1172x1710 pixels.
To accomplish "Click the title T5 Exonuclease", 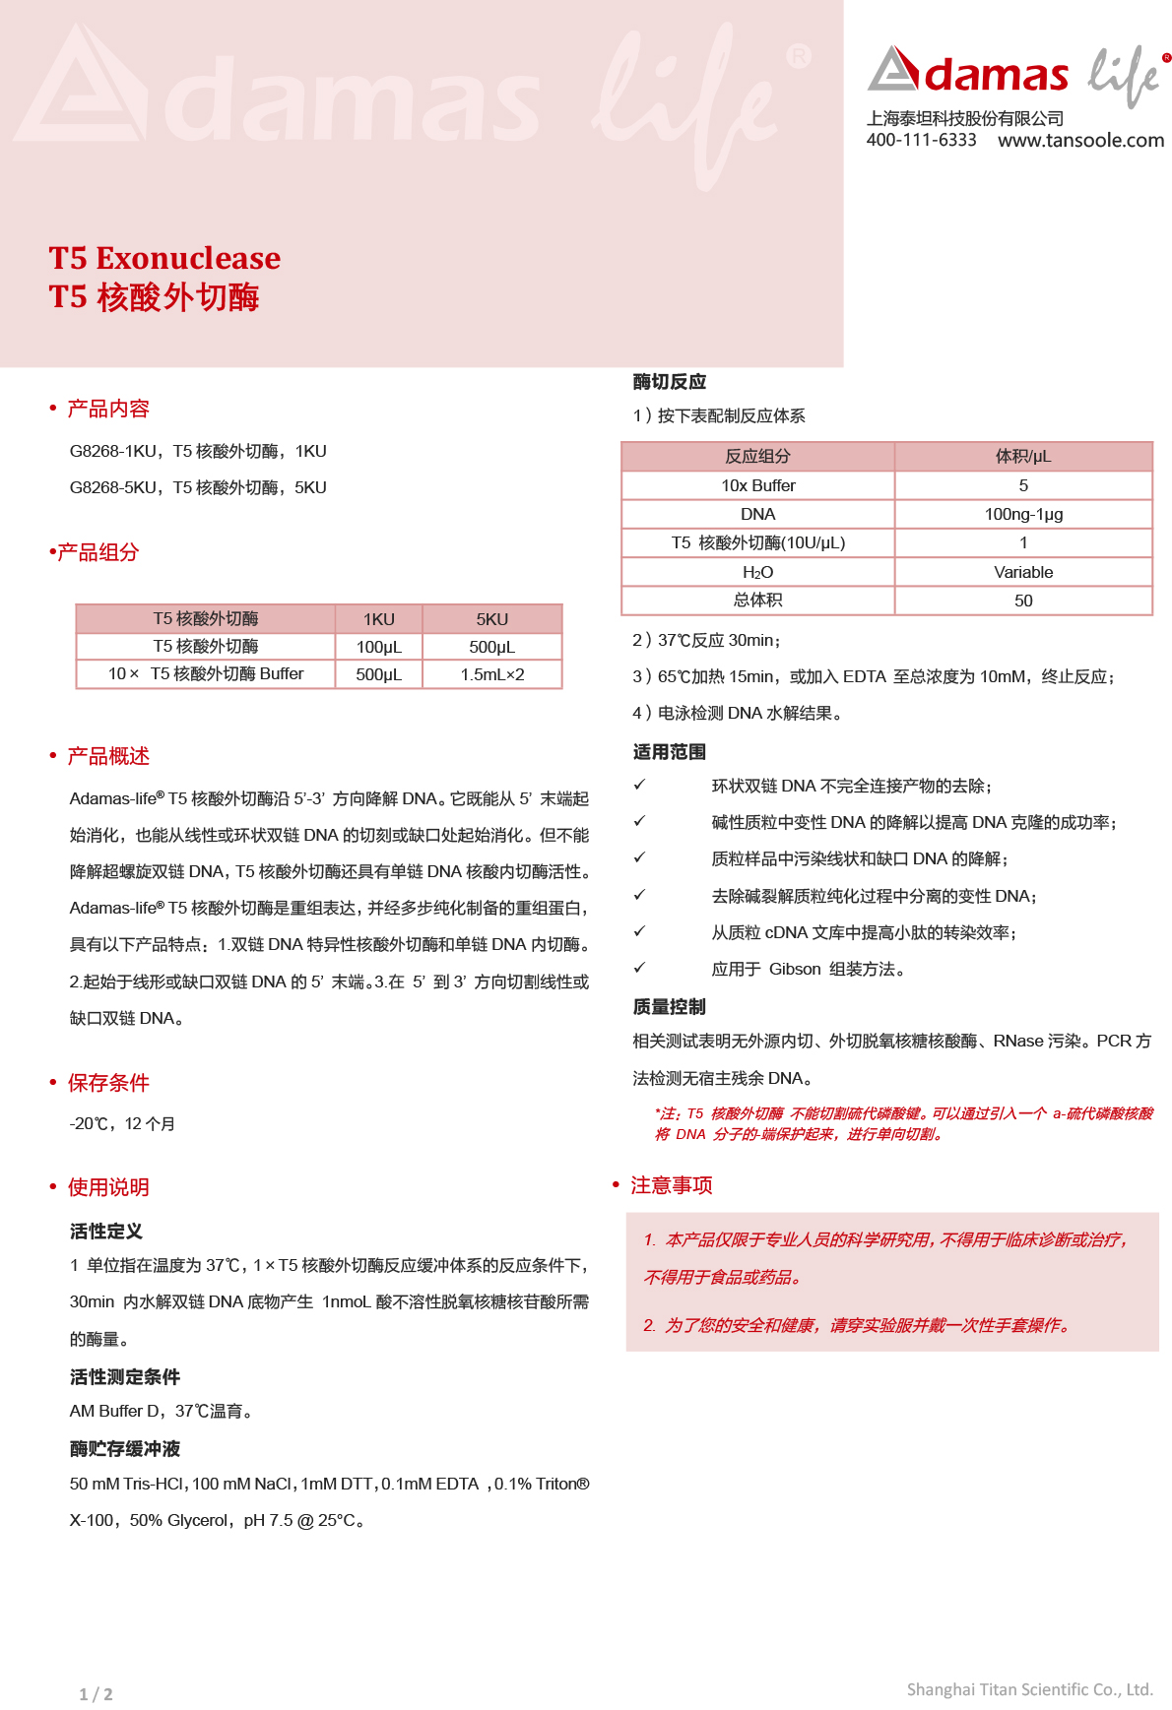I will [x=164, y=258].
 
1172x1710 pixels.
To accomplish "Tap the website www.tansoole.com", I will [x=1080, y=140].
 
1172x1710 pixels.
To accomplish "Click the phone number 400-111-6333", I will [x=921, y=140].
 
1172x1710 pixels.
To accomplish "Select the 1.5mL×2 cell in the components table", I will [x=491, y=674].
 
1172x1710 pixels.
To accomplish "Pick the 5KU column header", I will [x=491, y=619].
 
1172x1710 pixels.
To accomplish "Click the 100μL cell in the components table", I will [x=378, y=647].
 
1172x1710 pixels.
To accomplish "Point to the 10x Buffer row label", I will [x=757, y=485].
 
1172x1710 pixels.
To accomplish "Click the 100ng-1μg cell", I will [x=1023, y=514].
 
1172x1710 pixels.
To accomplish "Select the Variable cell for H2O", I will [x=1023, y=572].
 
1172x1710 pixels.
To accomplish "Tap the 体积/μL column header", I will [x=1023, y=456].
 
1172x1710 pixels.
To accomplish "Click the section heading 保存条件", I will [x=108, y=1083].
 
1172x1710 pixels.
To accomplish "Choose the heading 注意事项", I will [x=671, y=1185].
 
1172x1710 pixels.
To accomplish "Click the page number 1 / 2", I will [x=96, y=1694].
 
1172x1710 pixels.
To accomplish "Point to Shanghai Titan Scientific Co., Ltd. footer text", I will [x=1029, y=1689].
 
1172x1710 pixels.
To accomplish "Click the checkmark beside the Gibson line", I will [x=639, y=968].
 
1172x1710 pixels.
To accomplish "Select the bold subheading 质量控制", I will [x=669, y=1006].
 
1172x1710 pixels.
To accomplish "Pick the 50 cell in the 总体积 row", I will [x=1023, y=601].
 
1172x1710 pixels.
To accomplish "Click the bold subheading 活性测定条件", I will [x=124, y=1376].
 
